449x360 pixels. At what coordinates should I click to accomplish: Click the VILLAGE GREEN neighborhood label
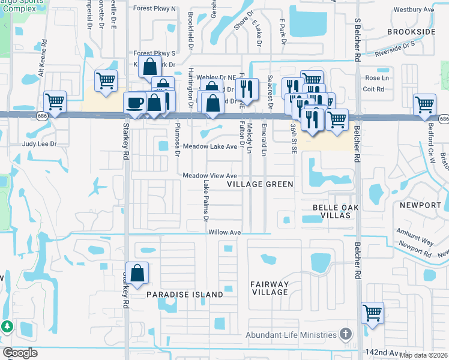[x=261, y=185]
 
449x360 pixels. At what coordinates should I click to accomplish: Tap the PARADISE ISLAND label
[x=185, y=295]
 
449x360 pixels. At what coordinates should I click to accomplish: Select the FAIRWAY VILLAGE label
[x=270, y=288]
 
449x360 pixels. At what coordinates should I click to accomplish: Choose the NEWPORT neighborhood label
[x=421, y=205]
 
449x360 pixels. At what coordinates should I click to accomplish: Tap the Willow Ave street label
[x=224, y=232]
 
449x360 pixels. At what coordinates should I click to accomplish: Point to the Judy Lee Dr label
[x=39, y=144]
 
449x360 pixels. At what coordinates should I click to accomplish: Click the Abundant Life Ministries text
[x=291, y=335]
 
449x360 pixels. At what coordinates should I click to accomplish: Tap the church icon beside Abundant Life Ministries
[x=345, y=333]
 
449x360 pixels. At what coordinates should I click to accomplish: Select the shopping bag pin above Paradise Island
[x=137, y=273]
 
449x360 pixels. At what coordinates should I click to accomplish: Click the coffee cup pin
[x=134, y=102]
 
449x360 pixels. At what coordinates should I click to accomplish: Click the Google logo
[x=20, y=352]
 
